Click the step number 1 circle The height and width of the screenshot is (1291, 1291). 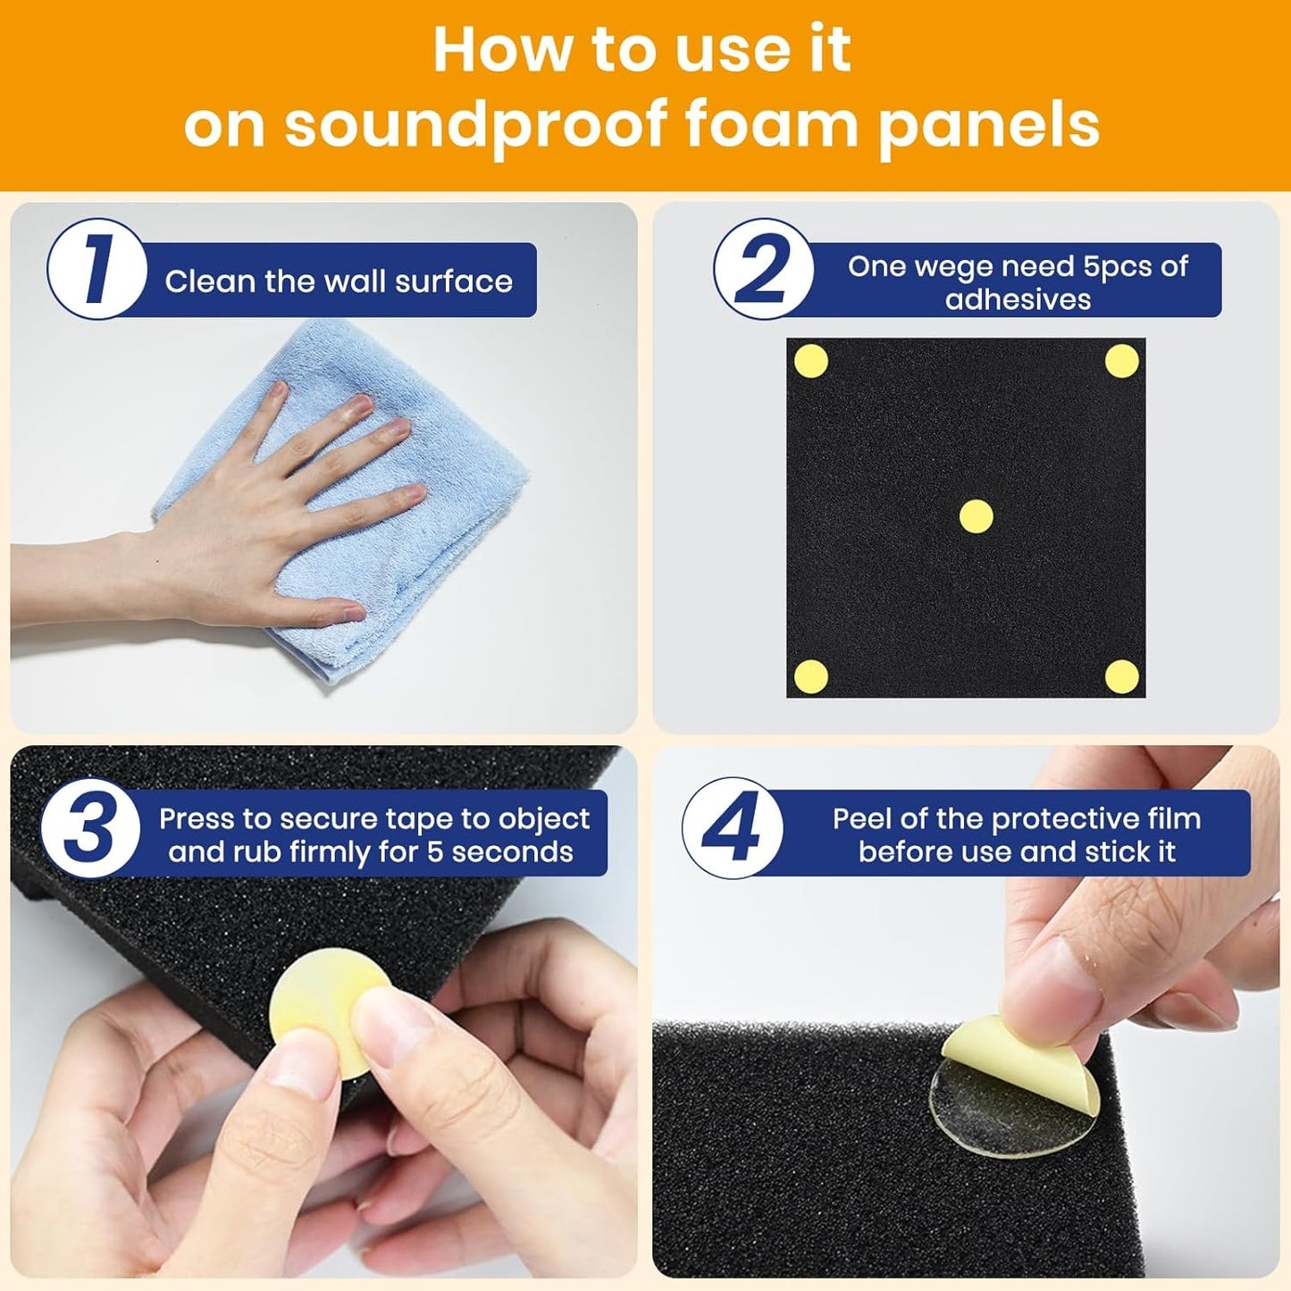coord(96,268)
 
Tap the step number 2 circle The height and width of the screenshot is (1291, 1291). coord(764,268)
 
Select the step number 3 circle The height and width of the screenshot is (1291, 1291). coord(90,828)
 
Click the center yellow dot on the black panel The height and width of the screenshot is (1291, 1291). coord(976,516)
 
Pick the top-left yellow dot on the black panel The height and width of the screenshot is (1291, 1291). coord(811,362)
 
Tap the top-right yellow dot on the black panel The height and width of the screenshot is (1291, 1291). coord(1122,361)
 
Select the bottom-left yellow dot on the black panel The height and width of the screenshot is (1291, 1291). coord(811,676)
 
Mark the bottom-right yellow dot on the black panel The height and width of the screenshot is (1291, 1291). coord(1122,676)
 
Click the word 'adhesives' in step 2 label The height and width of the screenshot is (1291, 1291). coord(1018,299)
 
